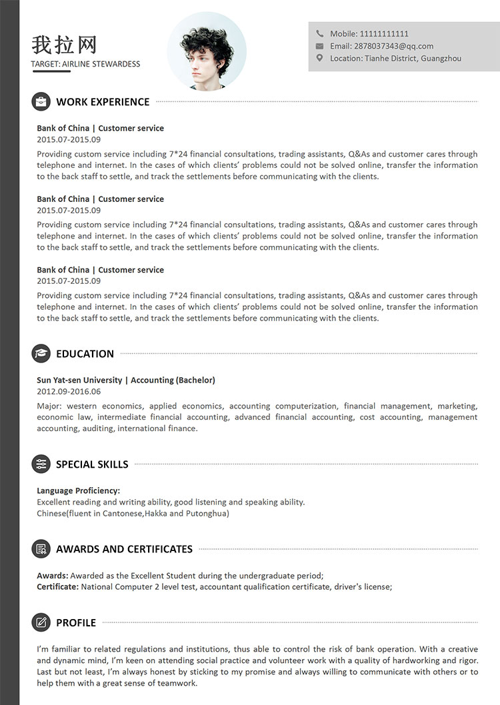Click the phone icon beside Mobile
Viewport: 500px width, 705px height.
(319, 33)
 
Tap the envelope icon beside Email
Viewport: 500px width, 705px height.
(319, 46)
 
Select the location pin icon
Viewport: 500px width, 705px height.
(319, 58)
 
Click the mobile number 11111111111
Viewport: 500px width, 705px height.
(384, 33)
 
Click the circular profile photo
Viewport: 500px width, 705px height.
(207, 51)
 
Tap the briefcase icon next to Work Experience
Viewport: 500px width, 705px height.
(41, 102)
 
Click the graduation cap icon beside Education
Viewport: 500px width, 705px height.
(41, 354)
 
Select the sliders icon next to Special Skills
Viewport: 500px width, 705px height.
(41, 464)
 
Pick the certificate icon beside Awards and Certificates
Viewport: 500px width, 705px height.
(41, 549)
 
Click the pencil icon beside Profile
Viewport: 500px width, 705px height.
(41, 622)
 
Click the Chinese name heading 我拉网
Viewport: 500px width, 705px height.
(64, 45)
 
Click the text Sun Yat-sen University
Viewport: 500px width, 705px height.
(79, 380)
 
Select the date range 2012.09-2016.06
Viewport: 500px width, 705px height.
(69, 391)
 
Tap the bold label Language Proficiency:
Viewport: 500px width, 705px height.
(79, 490)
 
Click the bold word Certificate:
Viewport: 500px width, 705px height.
(58, 587)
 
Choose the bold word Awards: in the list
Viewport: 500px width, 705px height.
(52, 576)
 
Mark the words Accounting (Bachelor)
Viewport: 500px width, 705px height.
(173, 380)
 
